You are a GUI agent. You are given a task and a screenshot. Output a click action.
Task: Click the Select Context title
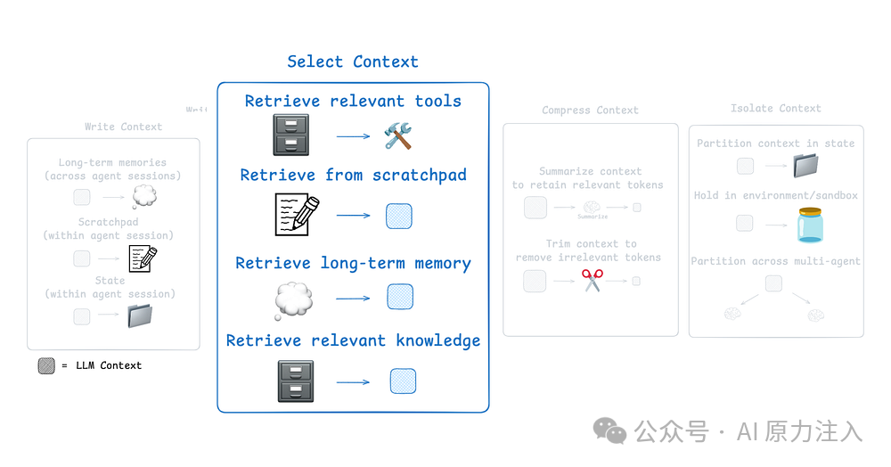pos(353,61)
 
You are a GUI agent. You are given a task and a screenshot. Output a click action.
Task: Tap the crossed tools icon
pos(398,135)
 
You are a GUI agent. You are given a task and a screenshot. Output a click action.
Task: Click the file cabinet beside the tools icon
pos(291,135)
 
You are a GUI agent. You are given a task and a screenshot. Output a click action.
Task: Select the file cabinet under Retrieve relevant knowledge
pos(295,381)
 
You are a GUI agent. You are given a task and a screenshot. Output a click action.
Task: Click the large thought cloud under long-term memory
pos(293,300)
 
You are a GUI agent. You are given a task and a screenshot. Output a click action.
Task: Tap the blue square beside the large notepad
pos(399,217)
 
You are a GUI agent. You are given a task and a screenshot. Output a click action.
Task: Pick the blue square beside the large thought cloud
pos(400,297)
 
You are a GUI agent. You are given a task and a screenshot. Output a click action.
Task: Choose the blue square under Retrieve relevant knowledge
pos(403,381)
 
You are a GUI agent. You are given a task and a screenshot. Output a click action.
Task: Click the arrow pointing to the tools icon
pos(353,136)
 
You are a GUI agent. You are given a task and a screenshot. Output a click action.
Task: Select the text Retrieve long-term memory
pos(353,264)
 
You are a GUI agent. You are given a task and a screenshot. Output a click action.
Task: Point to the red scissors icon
pos(593,281)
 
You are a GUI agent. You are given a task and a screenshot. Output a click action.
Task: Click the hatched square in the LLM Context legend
pos(46,365)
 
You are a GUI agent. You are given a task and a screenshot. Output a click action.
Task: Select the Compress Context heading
pos(590,111)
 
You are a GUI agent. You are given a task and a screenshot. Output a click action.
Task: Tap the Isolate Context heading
pos(775,109)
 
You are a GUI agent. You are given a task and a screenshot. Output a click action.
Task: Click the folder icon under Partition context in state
pos(806,166)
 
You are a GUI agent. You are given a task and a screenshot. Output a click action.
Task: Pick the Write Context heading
pos(123,127)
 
